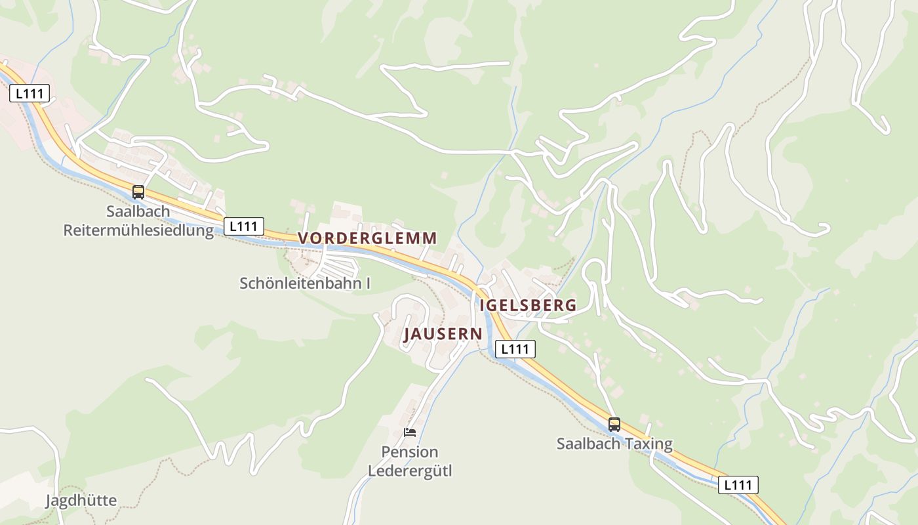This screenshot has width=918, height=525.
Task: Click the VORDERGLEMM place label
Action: pyautogui.click(x=367, y=238)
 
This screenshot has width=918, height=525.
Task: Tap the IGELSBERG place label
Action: pyautogui.click(x=528, y=305)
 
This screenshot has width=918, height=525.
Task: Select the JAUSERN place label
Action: pyautogui.click(x=443, y=334)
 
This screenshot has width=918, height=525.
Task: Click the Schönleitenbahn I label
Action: pyautogui.click(x=305, y=283)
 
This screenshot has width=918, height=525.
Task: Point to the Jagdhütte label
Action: pyautogui.click(x=81, y=501)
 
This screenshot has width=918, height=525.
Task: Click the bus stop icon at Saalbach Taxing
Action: pyautogui.click(x=614, y=425)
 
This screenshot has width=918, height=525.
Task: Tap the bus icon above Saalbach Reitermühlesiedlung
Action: pyautogui.click(x=138, y=192)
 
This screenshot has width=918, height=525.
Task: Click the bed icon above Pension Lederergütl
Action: pyautogui.click(x=410, y=432)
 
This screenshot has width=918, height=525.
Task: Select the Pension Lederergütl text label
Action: pyautogui.click(x=410, y=461)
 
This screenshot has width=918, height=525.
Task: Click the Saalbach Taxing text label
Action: pyautogui.click(x=614, y=444)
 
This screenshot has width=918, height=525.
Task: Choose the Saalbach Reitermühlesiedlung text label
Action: pyautogui.click(x=138, y=221)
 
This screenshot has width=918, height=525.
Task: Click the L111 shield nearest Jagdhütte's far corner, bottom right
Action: pyautogui.click(x=738, y=485)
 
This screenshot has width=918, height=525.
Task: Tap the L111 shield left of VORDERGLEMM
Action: pyautogui.click(x=244, y=226)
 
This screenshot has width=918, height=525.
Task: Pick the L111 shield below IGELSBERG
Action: pyautogui.click(x=515, y=349)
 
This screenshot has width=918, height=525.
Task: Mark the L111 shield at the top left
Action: pyautogui.click(x=30, y=93)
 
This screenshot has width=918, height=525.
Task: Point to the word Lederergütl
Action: pyautogui.click(x=410, y=471)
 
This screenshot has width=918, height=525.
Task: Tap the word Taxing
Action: pyautogui.click(x=649, y=444)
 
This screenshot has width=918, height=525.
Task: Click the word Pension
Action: pyautogui.click(x=410, y=452)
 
